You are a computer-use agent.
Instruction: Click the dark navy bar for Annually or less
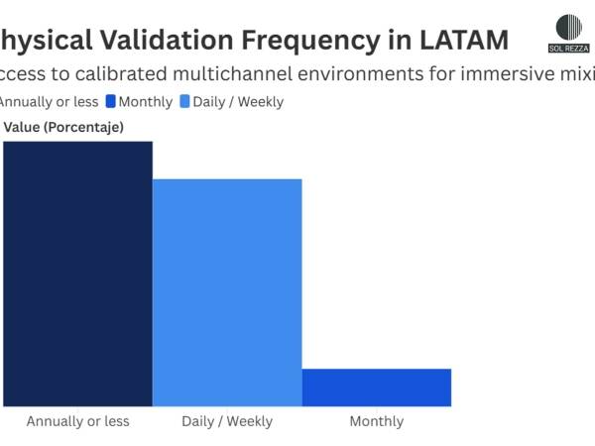77,274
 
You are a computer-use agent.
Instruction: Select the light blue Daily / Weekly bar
227,292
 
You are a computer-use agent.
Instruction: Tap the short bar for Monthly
377,387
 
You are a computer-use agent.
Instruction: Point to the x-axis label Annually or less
77,421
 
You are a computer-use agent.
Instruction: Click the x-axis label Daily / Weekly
227,421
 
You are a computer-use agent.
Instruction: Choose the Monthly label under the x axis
377,421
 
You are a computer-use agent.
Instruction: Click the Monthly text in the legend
147,101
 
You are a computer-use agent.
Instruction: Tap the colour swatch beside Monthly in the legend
111,101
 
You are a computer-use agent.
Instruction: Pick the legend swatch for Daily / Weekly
184,101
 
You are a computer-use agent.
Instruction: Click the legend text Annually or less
48,101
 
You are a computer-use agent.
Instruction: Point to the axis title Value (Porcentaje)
63,126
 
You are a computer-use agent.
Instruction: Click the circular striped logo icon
569,27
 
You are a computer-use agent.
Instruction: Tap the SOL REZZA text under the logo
569,48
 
